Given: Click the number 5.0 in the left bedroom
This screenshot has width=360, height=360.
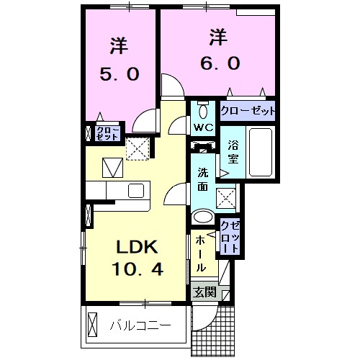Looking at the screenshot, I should tap(119, 73).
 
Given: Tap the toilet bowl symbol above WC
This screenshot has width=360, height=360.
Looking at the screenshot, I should tap(202, 111).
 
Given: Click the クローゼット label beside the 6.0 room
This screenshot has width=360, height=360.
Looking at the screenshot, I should tap(248, 111).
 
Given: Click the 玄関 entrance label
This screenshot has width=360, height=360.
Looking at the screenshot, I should tap(203, 292).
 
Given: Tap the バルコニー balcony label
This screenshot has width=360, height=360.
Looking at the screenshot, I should tap(140, 325).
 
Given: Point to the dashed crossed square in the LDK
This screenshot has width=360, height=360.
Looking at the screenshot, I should tap(137, 148).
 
